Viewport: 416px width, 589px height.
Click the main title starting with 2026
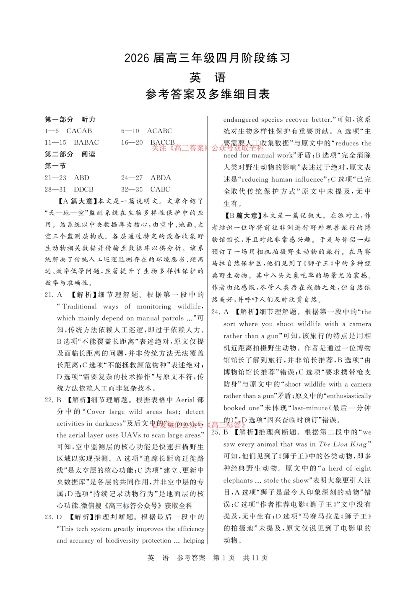(208, 58)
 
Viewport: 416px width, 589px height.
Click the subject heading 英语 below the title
(208, 77)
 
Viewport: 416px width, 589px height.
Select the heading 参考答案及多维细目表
(208, 94)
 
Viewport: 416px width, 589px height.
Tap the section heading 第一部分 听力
(70, 120)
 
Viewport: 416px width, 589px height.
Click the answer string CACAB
(79, 131)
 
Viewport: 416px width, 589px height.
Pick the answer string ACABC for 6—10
(159, 131)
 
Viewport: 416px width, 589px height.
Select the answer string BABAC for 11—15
(86, 143)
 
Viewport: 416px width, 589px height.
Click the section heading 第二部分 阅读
(70, 154)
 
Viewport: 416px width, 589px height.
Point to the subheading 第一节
(55, 166)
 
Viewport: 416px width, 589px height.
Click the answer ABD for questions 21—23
(82, 178)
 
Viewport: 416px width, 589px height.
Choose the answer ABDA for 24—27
(161, 178)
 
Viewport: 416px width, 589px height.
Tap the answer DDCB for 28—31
(84, 189)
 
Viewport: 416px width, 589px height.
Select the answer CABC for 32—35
(160, 189)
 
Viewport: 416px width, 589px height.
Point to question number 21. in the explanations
(49, 295)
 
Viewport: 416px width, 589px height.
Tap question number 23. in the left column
(49, 517)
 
